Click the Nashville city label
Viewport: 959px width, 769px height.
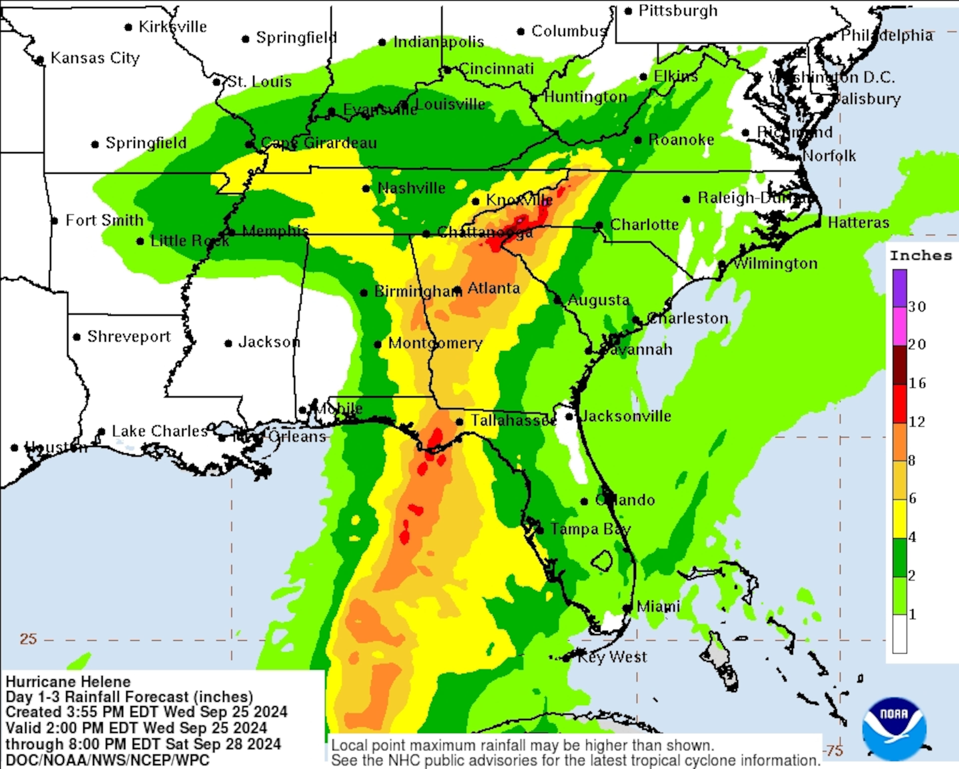point(411,188)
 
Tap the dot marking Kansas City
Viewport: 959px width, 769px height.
point(40,60)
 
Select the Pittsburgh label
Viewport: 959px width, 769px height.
point(678,11)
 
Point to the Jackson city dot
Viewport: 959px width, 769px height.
point(228,343)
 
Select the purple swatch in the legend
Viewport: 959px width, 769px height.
point(899,288)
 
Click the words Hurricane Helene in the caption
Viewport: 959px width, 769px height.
point(68,681)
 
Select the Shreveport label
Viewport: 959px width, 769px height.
point(129,337)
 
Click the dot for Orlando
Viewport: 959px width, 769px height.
point(584,502)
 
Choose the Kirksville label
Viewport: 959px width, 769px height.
point(173,27)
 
